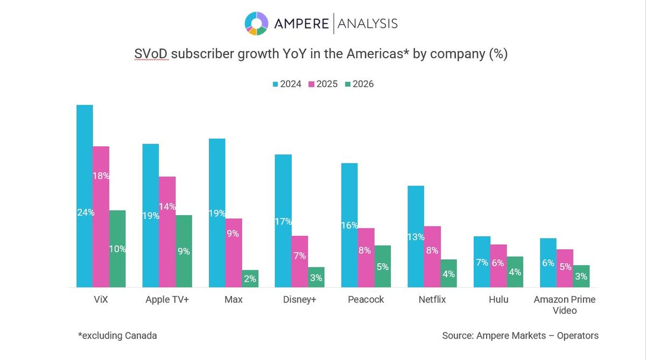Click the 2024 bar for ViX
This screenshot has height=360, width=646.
point(85,196)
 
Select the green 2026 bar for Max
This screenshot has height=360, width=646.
point(250,279)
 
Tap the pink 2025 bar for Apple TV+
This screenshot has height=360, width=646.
point(167,232)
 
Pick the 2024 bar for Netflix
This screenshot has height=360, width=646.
point(416,236)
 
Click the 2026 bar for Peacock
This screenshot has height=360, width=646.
point(383,266)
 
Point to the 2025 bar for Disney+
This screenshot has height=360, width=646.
point(300,262)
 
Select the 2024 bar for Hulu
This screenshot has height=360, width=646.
point(482,262)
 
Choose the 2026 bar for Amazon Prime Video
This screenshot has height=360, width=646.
point(581,276)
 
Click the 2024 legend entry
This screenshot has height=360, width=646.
point(287,84)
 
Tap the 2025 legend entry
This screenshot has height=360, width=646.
point(323,84)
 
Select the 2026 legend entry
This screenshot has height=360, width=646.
point(359,84)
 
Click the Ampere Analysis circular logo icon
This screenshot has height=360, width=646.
point(256,23)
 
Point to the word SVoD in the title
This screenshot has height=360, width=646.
point(151,54)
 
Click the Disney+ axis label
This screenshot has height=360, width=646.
point(299,300)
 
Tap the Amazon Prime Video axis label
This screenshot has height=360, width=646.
point(564,305)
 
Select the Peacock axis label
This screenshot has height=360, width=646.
point(366,300)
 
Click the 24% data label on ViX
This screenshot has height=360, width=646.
point(86,213)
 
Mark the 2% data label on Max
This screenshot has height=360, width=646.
point(250,279)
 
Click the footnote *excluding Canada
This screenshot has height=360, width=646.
point(117,336)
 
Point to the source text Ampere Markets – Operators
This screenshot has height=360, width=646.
point(520,336)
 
